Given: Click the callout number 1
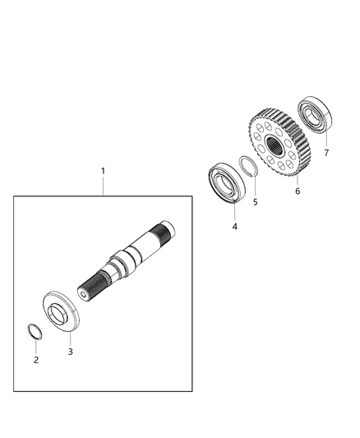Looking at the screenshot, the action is [103, 171].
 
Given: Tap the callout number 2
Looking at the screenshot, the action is [36, 360].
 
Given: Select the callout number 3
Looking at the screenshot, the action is [71, 352].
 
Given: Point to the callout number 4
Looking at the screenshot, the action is [234, 227].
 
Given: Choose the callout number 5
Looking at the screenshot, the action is [256, 202].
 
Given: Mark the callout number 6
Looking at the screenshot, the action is [298, 191].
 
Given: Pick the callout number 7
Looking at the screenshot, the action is [326, 153].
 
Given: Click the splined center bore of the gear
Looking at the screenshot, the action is [274, 145].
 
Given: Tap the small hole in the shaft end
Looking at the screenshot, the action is [83, 295].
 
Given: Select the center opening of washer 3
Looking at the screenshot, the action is [58, 313].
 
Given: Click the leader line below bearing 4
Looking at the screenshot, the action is [234, 212].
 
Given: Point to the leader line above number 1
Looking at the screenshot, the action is [103, 186].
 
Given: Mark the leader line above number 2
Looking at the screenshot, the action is [36, 347].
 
